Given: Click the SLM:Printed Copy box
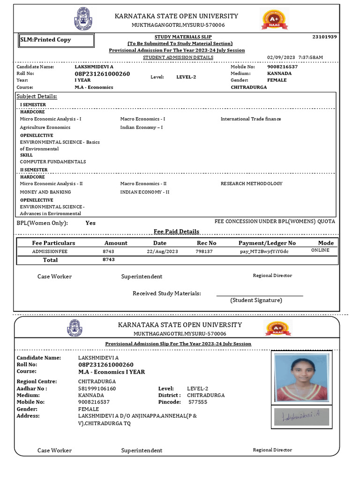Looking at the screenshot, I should point(56,40).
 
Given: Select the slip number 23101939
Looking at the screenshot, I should point(324,37).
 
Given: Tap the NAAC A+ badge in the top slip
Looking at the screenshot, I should point(271,19).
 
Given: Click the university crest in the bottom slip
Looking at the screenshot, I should point(75,329).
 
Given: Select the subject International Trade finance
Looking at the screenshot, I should point(251,119).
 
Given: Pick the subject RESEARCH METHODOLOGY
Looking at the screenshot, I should point(251,184).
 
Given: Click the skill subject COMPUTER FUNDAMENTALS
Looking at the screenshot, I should point(53,162).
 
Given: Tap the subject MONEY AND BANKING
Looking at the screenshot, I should point(45,192).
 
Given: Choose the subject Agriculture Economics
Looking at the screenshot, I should point(45,127).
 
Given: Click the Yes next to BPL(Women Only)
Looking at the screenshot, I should point(90,223).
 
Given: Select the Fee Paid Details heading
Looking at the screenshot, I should point(176,232).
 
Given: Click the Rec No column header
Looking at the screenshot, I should point(206,243).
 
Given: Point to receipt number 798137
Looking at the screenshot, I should point(204,251).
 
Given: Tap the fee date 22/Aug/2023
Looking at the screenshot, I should point(162,251).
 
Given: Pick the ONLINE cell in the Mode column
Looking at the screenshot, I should point(320,250).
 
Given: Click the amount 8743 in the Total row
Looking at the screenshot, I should point(108,260).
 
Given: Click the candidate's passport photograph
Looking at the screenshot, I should point(301,377).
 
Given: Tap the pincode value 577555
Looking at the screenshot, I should point(197,402).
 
